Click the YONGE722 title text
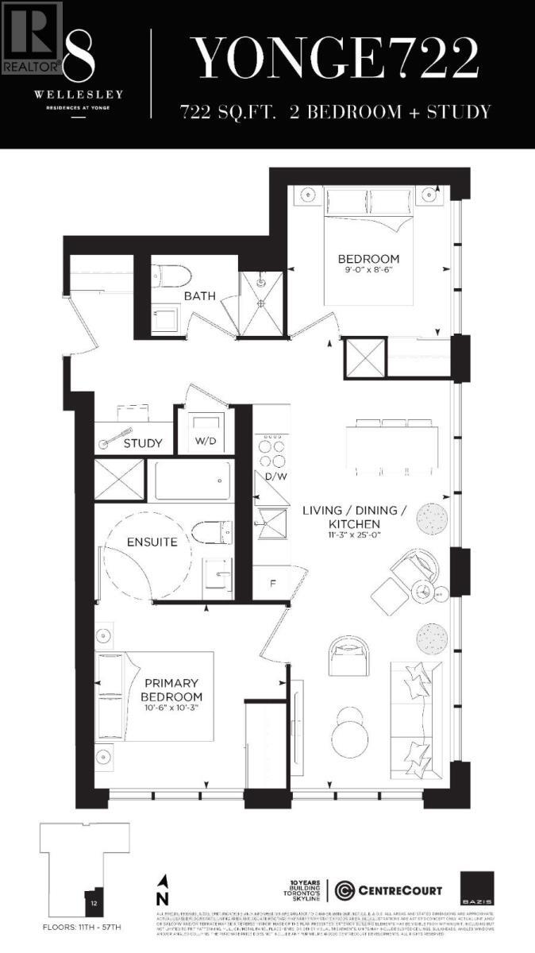[x=337, y=57]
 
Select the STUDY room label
[x=143, y=443]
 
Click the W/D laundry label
[x=206, y=442]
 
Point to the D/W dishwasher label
[x=276, y=476]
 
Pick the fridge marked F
[x=273, y=583]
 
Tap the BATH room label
[x=199, y=296]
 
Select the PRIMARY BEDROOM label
[x=170, y=689]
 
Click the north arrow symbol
[x=164, y=889]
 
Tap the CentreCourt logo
[x=388, y=889]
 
